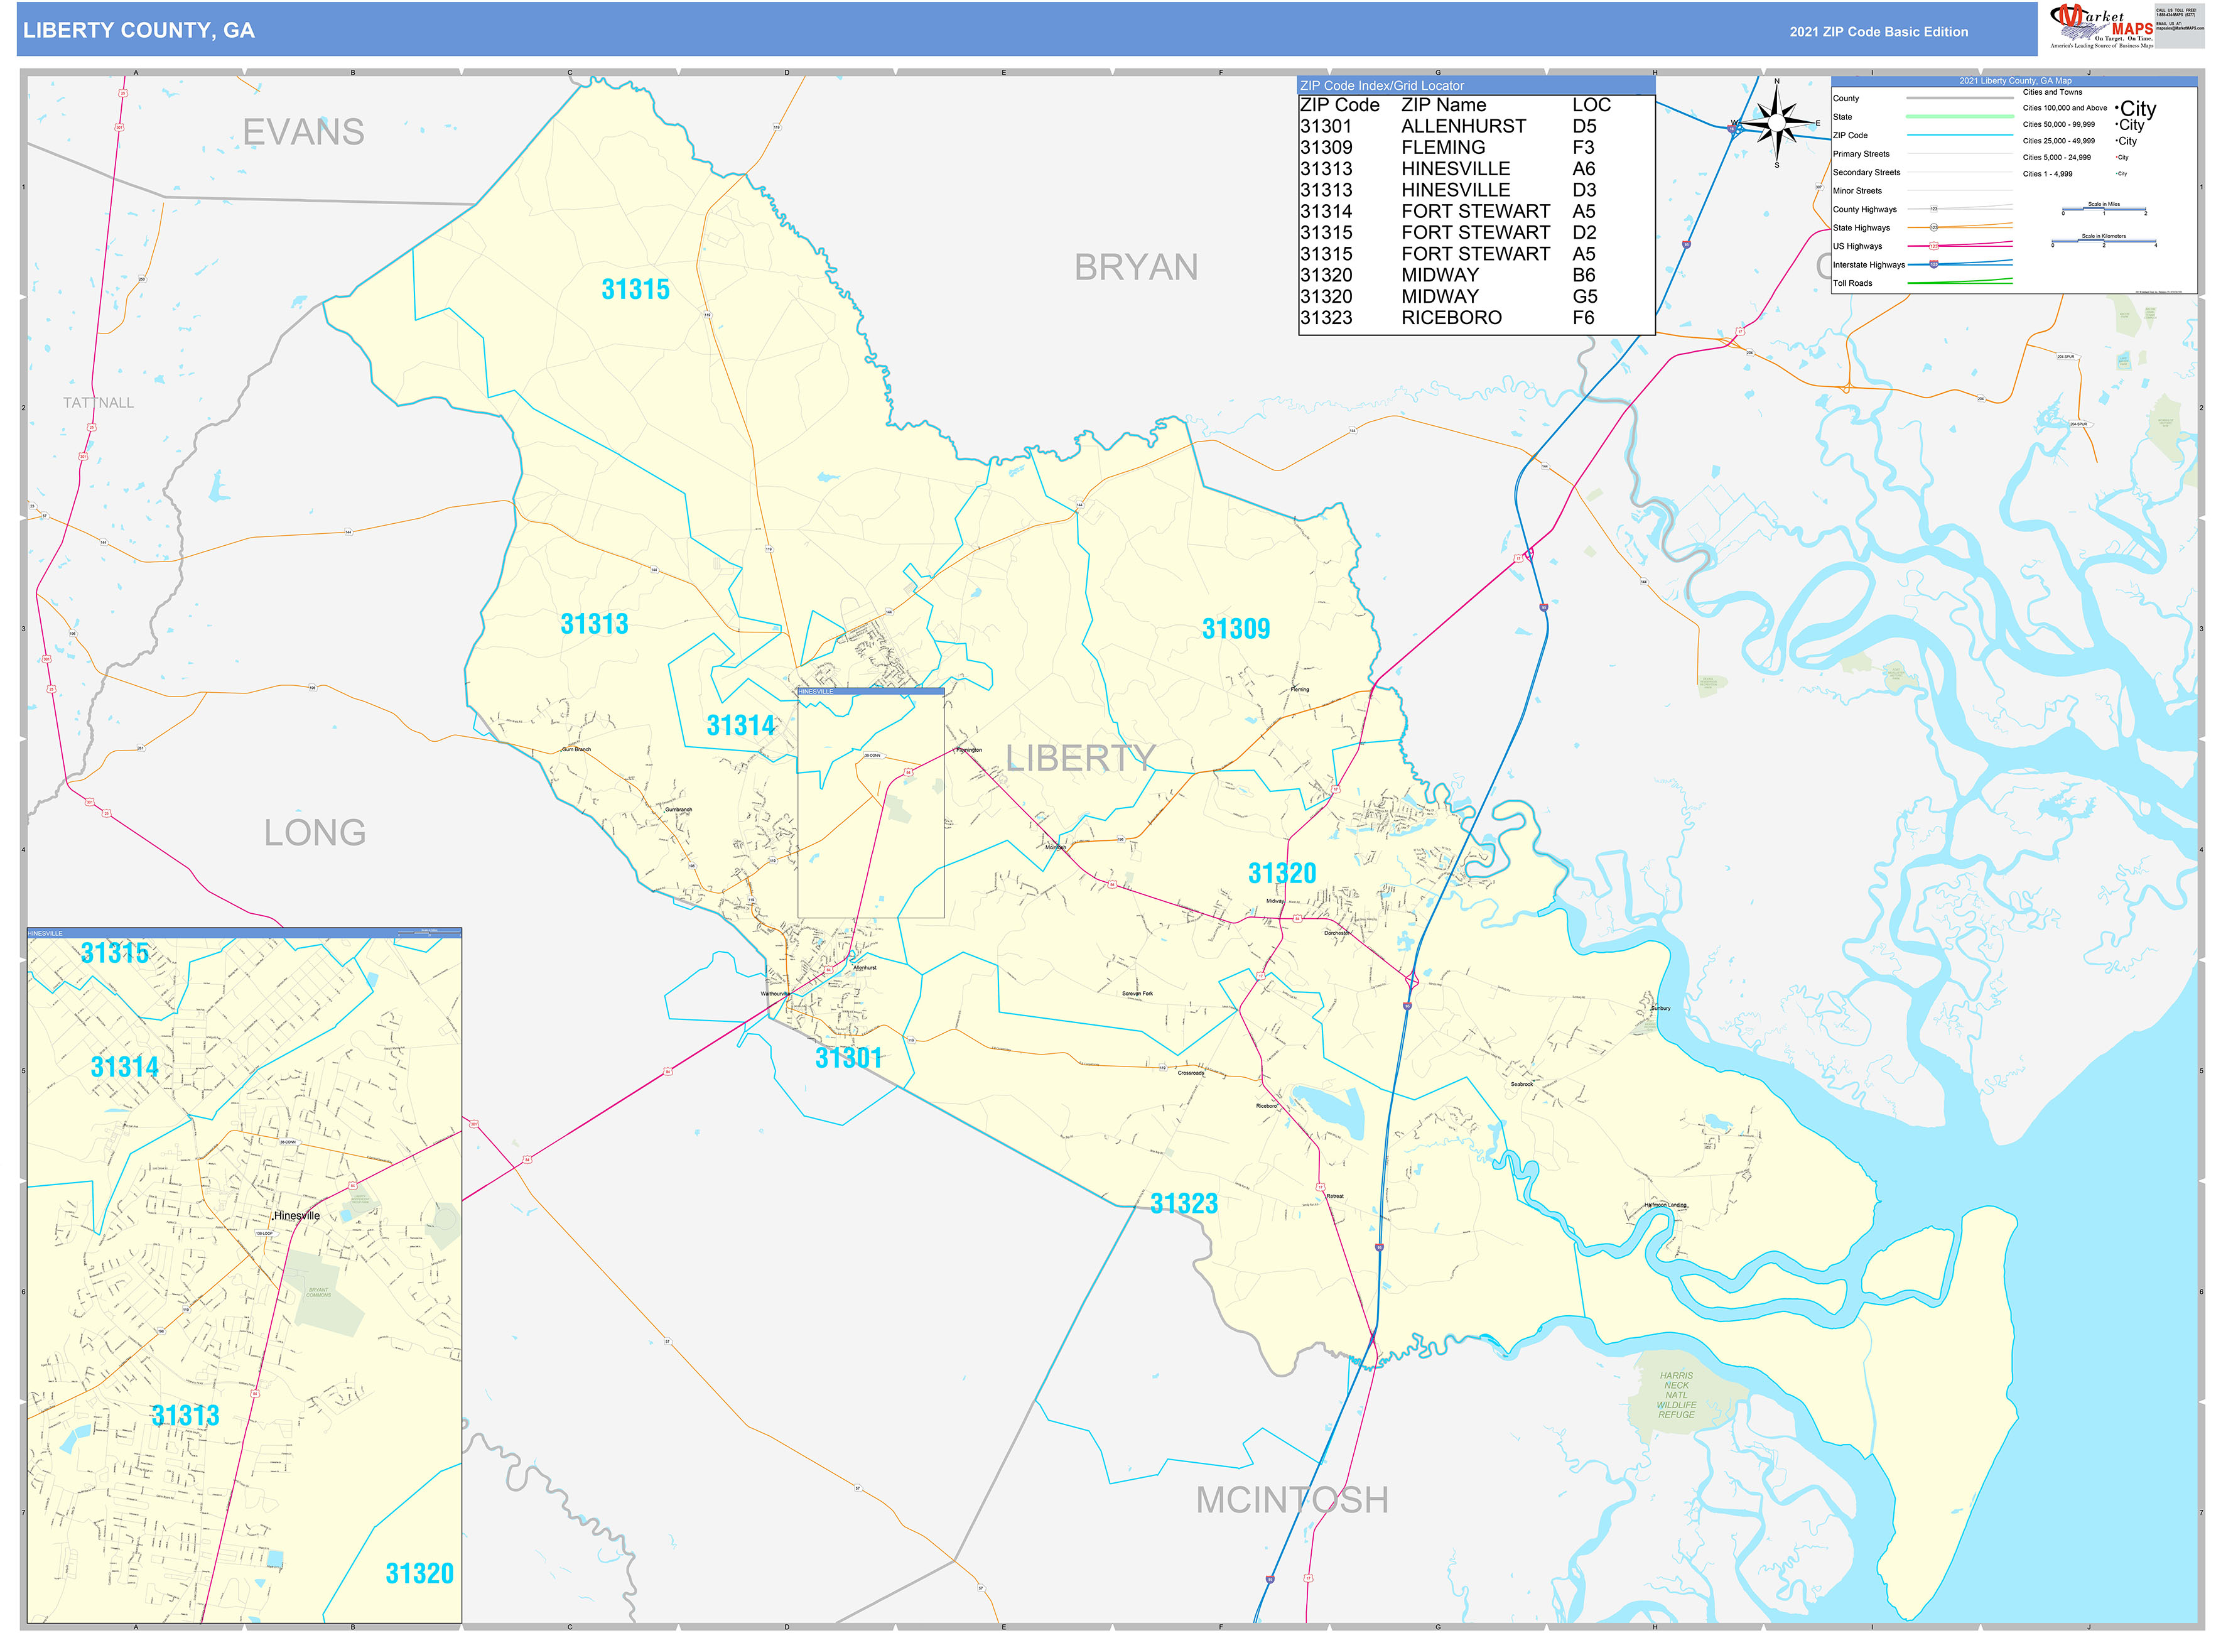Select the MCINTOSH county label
[x=1292, y=1500]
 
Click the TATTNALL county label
[x=98, y=403]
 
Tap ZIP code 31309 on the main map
[x=1236, y=629]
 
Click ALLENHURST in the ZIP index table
[x=1463, y=126]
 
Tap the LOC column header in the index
[x=1591, y=106]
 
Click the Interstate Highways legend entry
[x=1868, y=265]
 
